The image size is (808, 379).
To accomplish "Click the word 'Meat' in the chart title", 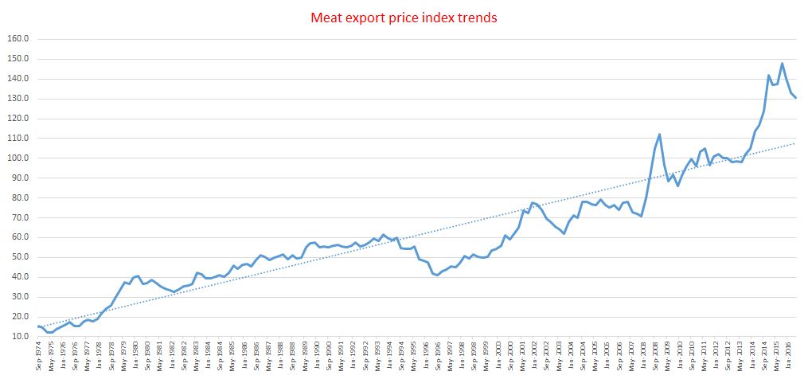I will (x=328, y=17).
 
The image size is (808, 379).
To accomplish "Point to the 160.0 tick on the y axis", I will (x=18, y=39).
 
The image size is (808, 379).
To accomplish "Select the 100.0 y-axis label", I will (x=18, y=158).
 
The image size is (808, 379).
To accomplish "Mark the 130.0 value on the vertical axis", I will (x=18, y=99).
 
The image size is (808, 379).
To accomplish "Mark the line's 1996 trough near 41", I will (x=437, y=275).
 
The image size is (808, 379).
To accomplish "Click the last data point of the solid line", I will (x=796, y=97).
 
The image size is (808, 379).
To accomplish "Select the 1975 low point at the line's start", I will (x=49, y=332).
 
